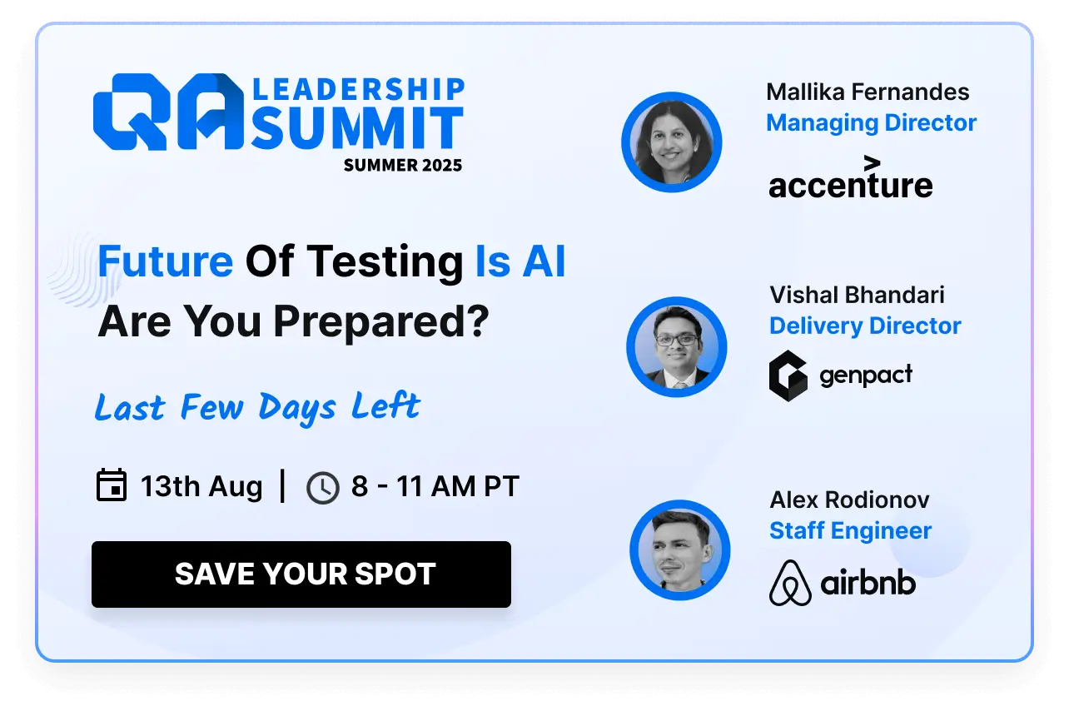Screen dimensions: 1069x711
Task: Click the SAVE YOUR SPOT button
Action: coord(301,574)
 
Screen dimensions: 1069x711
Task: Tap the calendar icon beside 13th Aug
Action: coord(112,485)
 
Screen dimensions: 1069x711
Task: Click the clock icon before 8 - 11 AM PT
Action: coord(322,488)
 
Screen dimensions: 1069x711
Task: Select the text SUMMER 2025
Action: coord(403,165)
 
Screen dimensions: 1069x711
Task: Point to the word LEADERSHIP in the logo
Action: coord(358,89)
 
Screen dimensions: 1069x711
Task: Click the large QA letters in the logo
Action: coord(168,112)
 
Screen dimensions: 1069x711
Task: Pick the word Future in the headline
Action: coord(165,261)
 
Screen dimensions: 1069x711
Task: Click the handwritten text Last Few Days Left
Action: coord(257,407)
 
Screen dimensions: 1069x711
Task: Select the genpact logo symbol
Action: coord(788,375)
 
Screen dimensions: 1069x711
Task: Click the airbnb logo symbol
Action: coord(790,583)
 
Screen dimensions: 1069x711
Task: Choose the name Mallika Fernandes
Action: coord(868,92)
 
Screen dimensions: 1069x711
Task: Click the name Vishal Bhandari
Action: coord(857,295)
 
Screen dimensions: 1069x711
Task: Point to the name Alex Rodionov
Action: coord(849,500)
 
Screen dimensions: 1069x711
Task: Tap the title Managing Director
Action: coord(872,123)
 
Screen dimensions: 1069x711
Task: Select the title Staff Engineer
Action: coord(850,530)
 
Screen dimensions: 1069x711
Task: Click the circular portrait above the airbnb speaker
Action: coord(680,549)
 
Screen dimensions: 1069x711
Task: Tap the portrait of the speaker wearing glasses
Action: coord(677,347)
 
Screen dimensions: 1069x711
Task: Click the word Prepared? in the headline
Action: coord(381,322)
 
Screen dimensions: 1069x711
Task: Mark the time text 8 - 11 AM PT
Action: coord(435,486)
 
